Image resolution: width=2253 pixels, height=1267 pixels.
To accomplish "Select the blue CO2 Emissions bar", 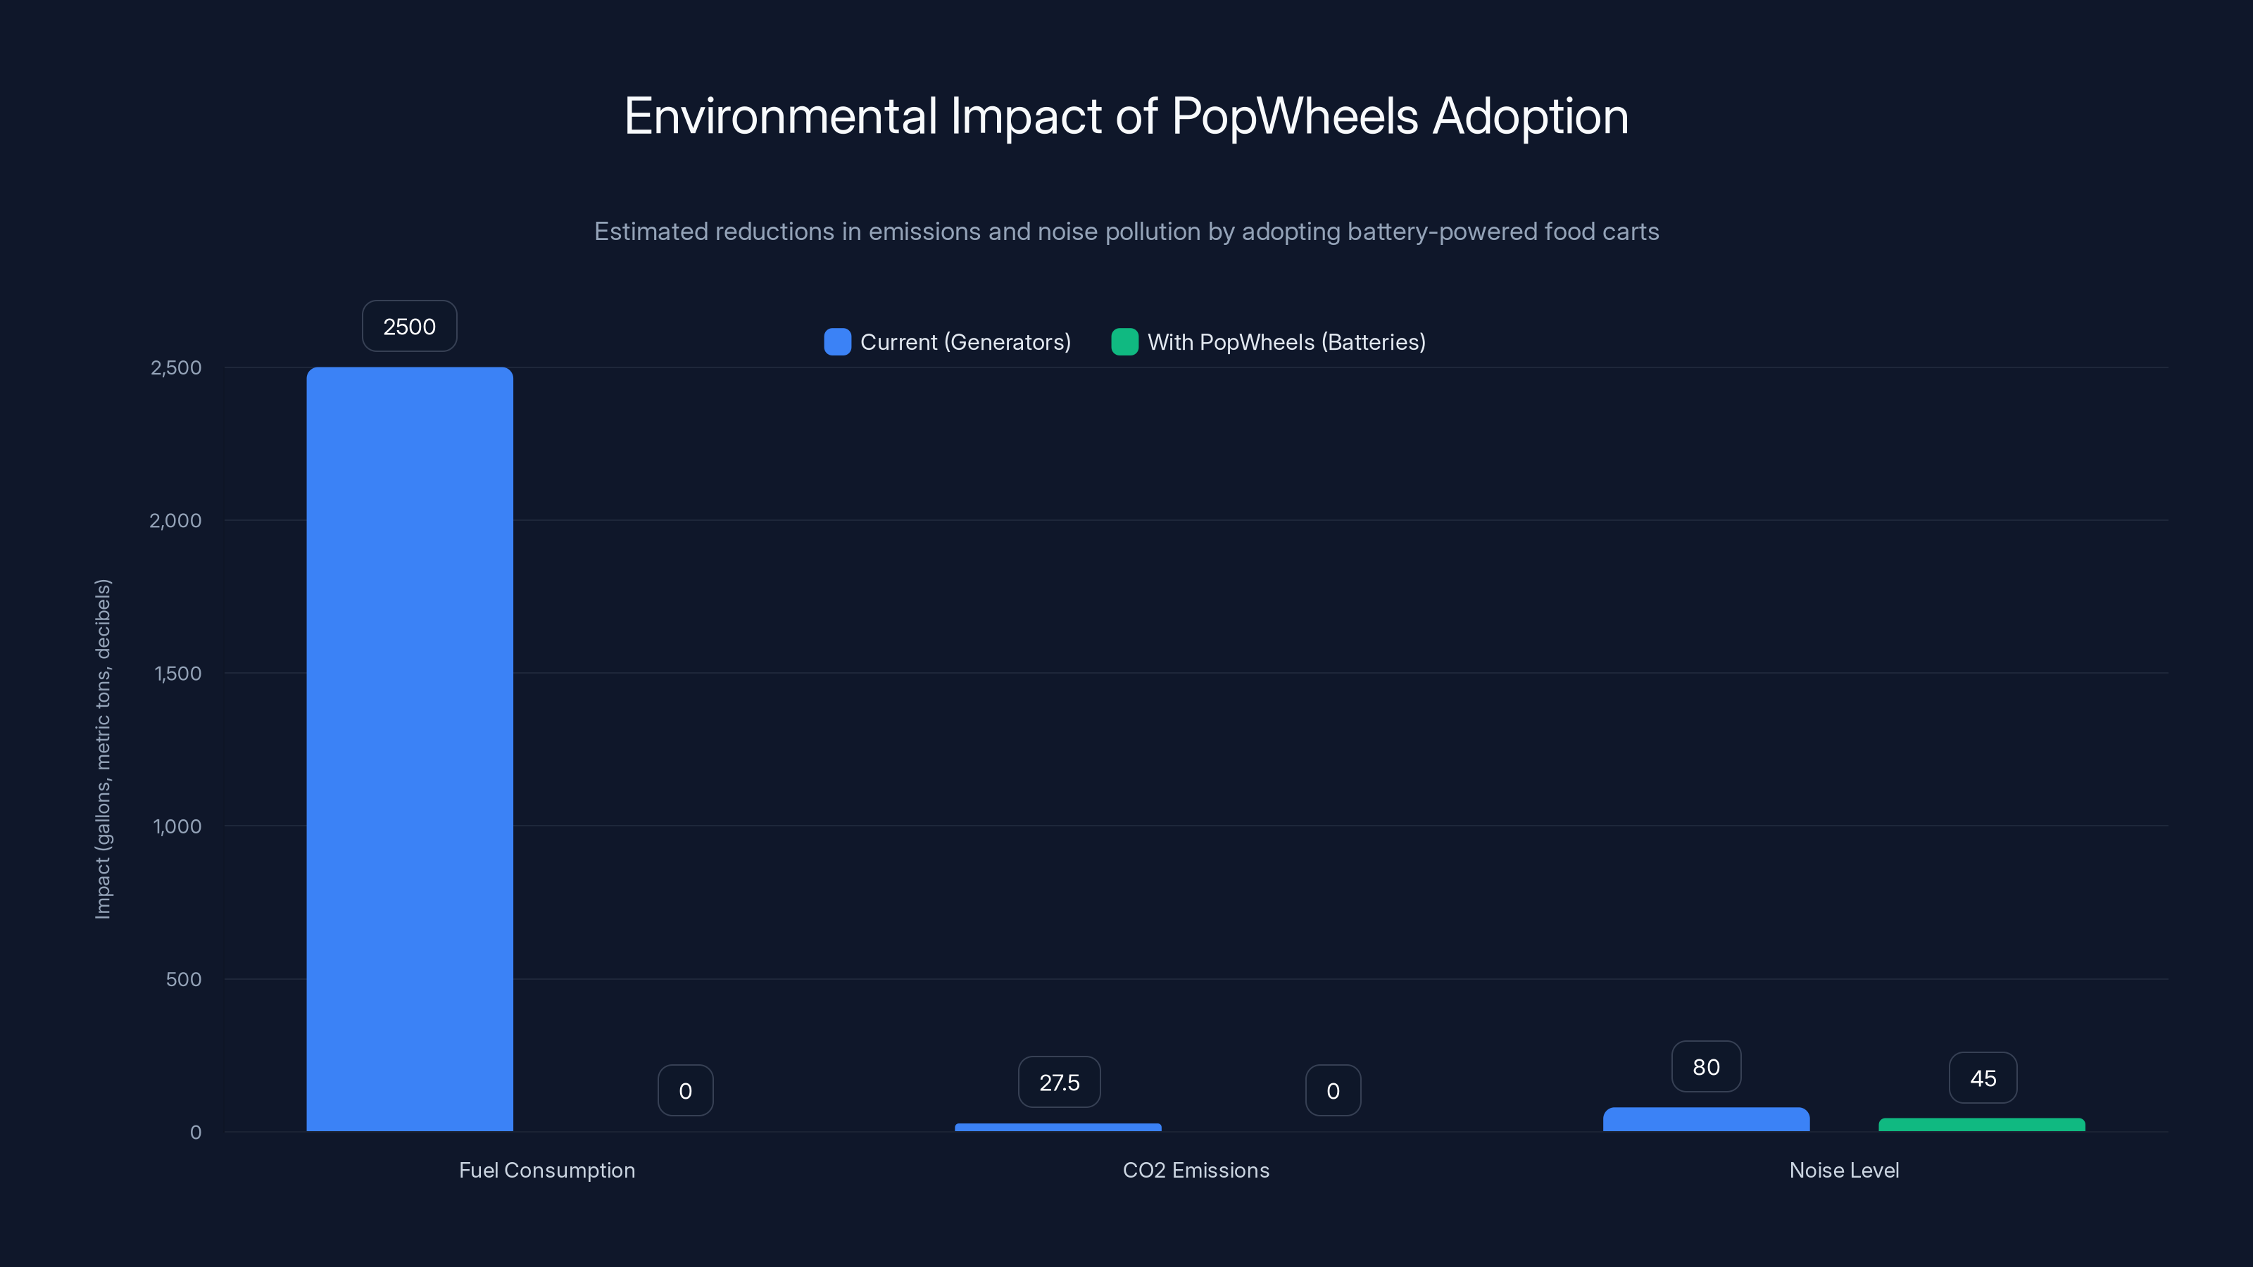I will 1058,1127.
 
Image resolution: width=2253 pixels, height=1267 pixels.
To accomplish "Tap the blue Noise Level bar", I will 1705,1119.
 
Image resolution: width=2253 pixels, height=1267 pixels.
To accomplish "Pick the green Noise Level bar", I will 1981,1125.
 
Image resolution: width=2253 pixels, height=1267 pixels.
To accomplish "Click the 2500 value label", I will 409,326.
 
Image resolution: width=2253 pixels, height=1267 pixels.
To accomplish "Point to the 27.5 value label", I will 1059,1083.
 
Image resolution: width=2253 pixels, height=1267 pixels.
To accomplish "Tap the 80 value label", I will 1705,1067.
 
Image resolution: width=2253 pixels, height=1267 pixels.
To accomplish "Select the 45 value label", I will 1983,1078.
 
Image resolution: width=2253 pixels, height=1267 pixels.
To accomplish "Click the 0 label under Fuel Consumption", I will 685,1090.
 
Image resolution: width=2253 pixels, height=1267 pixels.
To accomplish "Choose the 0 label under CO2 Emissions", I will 1333,1090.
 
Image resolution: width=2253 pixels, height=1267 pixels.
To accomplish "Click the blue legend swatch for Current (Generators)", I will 837,342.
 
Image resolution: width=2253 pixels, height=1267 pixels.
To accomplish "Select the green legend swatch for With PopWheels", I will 1124,342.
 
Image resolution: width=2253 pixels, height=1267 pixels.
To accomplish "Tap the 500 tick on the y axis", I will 183,979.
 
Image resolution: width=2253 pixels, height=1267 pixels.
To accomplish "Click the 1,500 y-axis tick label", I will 177,674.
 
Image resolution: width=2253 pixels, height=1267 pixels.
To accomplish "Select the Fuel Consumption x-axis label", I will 546,1170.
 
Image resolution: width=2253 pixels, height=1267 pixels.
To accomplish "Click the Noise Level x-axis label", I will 1844,1170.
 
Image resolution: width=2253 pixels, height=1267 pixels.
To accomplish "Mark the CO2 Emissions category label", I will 1195,1170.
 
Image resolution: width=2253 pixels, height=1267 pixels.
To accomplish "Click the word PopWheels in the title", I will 1295,116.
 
